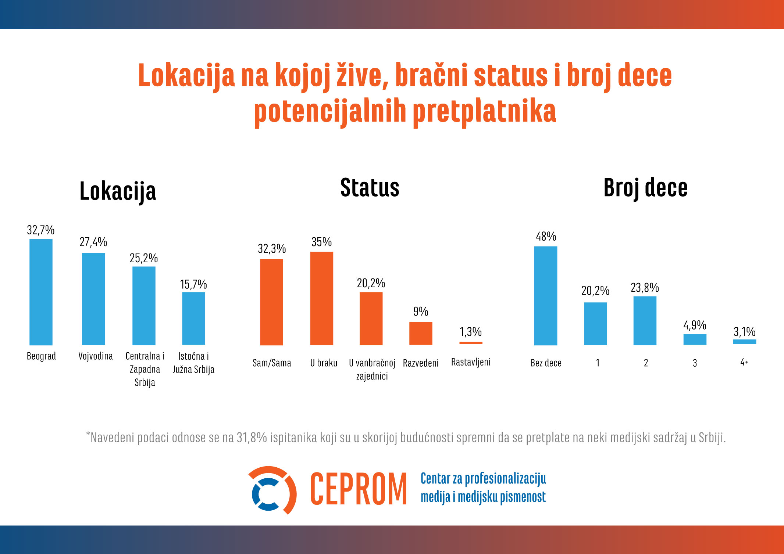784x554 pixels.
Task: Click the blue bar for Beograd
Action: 41,292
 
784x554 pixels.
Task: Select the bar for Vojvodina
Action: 93,299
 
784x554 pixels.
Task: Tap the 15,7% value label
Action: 193,284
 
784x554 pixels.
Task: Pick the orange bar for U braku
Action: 322,298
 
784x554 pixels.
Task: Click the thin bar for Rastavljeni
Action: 471,343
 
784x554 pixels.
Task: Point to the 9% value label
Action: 421,312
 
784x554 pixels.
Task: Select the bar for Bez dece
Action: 546,295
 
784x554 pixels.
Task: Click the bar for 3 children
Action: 695,339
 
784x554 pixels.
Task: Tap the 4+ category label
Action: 744,362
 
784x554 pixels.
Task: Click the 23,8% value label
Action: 645,288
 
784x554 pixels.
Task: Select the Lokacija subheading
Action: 118,191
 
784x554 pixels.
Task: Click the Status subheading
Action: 370,188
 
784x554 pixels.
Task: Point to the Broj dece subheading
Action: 645,188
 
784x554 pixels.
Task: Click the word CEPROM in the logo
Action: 358,489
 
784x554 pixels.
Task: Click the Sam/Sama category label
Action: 272,363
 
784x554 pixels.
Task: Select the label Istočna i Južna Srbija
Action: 193,363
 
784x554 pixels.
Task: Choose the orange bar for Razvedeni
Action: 421,333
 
